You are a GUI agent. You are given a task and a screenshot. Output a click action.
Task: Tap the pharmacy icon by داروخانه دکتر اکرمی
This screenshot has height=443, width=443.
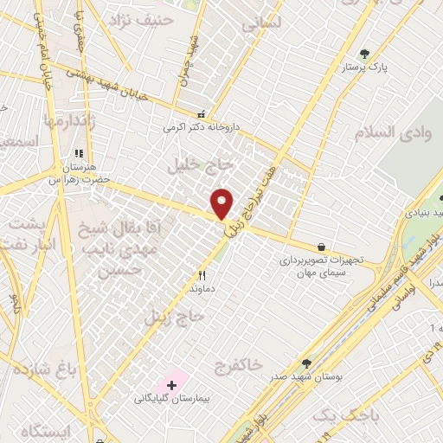coord(202,113)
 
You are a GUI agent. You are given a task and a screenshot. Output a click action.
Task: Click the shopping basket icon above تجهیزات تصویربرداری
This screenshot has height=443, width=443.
coord(322,247)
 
